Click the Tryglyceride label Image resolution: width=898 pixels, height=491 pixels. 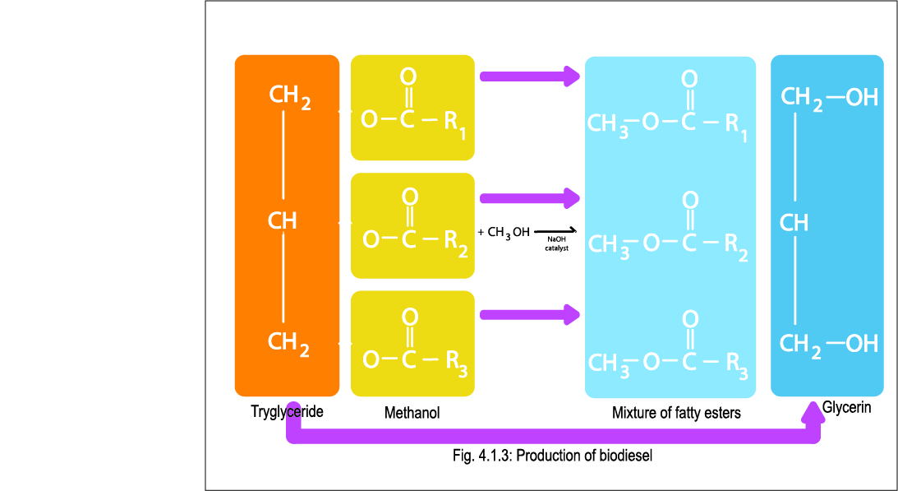click(287, 413)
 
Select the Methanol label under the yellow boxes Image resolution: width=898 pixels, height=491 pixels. click(412, 413)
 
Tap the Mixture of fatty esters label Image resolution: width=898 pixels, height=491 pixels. click(676, 413)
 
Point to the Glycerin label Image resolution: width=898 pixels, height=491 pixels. click(846, 407)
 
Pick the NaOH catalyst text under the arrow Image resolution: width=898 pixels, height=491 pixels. click(556, 243)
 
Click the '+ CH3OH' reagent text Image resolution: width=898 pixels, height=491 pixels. click(504, 232)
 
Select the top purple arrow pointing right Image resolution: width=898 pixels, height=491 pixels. click(530, 76)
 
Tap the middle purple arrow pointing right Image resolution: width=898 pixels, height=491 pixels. click(530, 198)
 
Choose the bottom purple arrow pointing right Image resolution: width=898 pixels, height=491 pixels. click(530, 314)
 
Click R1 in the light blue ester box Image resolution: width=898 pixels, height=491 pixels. click(737, 127)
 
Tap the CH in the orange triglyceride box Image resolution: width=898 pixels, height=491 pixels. click(283, 220)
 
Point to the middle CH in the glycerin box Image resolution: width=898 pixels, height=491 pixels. click(794, 223)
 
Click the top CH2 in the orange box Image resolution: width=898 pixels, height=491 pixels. click(289, 97)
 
